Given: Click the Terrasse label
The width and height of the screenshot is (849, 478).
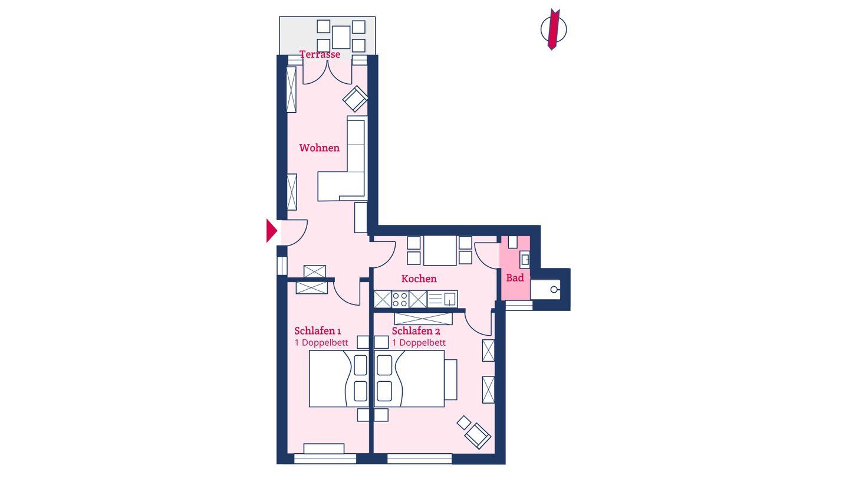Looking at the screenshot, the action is [320, 54].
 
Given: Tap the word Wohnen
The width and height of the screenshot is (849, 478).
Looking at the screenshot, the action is [319, 148].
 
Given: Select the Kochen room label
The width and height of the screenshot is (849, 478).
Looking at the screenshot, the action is [419, 279].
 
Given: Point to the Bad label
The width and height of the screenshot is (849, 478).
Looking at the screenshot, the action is [515, 278].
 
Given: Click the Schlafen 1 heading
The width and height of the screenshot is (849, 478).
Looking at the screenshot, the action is [317, 331].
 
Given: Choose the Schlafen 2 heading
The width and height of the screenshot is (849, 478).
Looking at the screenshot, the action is [416, 331].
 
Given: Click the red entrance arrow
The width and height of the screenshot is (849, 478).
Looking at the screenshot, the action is [271, 230].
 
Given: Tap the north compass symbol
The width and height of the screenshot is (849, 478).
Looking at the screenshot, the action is [554, 30].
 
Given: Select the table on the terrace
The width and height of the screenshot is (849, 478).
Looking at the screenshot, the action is [341, 37].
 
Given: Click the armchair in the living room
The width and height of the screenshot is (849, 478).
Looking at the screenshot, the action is [355, 99].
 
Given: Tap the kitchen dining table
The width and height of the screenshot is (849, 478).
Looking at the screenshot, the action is [440, 250].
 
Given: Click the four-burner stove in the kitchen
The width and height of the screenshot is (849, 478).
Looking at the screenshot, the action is [400, 299].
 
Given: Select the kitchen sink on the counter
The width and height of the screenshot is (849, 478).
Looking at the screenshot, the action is [442, 299].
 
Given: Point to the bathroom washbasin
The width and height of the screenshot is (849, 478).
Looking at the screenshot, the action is [525, 260].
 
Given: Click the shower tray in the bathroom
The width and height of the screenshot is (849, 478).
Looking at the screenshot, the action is [545, 290].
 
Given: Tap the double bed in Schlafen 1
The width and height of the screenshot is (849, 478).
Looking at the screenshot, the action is [339, 379].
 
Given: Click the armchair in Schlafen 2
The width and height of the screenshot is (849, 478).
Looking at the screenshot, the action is [478, 436].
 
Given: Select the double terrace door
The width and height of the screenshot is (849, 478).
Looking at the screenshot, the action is [327, 72].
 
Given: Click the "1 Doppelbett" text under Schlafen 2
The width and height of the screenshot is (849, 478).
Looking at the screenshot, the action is [419, 343].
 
